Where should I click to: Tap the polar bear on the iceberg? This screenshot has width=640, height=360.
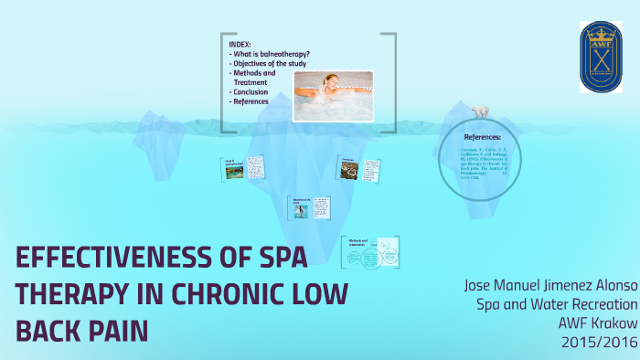tap(479, 111)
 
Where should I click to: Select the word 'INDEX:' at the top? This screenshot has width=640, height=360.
tap(240, 44)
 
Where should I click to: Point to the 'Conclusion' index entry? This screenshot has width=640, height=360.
tap(251, 92)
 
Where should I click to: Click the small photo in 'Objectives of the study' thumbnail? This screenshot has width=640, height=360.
tap(301, 210)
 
